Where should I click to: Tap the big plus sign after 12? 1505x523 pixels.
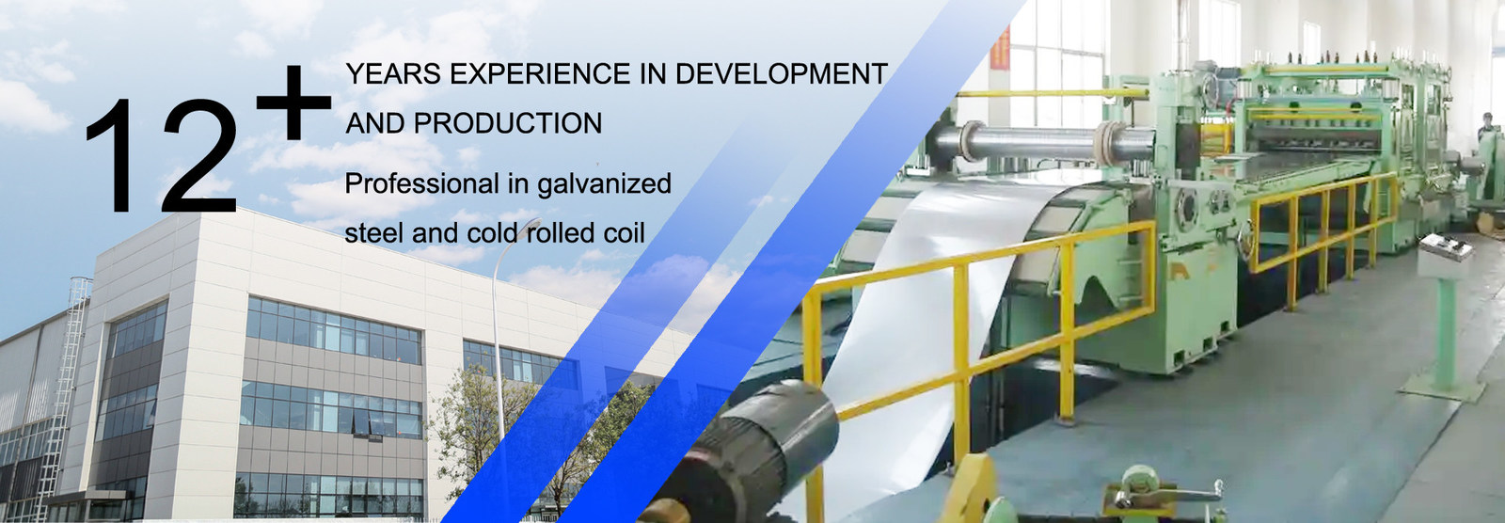[294, 103]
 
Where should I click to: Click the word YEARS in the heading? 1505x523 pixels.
[393, 73]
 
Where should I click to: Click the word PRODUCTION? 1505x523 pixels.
[508, 123]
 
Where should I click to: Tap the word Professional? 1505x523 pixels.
[422, 183]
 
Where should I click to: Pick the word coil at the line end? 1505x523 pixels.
[625, 232]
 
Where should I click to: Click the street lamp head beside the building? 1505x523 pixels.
[533, 223]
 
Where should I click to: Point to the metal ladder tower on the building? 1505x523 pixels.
[71, 376]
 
